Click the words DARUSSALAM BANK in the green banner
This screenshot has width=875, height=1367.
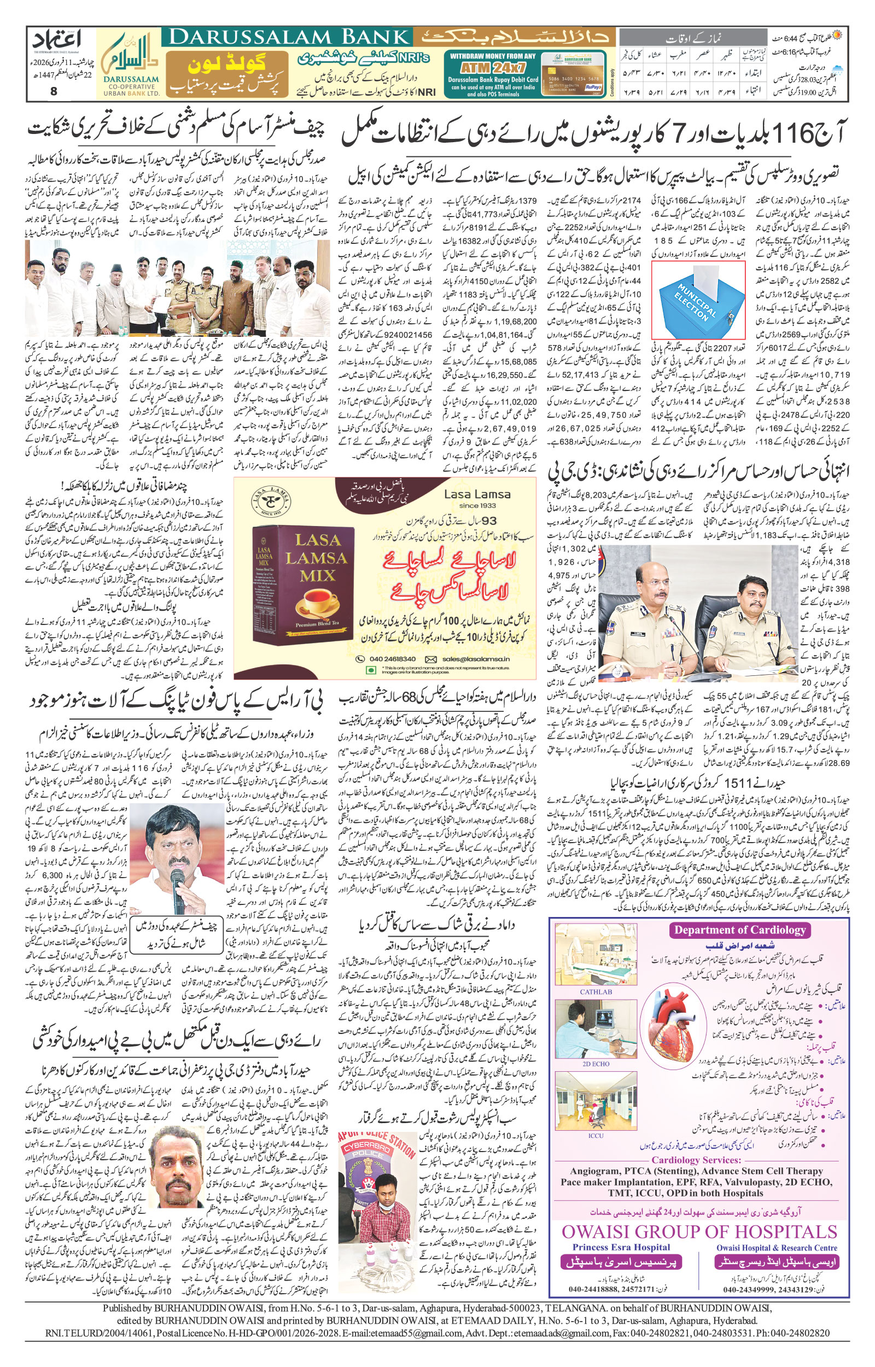coord(289,38)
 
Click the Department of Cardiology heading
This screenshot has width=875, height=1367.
coord(740,930)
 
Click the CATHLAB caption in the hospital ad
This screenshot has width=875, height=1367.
coord(596,991)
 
